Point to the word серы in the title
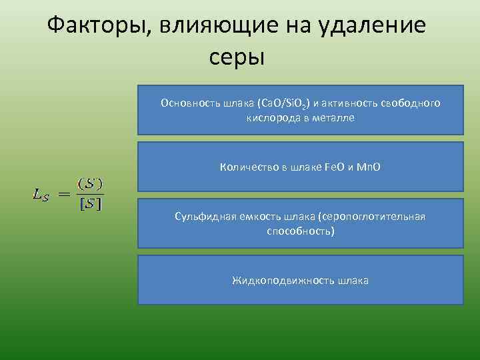[237, 57]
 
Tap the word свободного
[411, 103]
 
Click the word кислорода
[271, 118]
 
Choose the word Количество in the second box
[245, 167]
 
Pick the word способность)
[301, 231]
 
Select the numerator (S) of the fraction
[90, 182]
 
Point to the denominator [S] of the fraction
[90, 205]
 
